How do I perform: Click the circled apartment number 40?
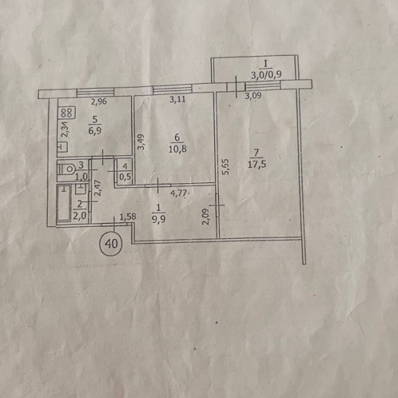(111, 243)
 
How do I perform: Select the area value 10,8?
(177, 149)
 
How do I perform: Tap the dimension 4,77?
(178, 194)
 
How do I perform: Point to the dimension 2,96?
(98, 101)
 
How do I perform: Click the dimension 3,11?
(178, 100)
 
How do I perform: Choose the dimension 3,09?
(253, 96)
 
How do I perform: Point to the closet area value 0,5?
(123, 176)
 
